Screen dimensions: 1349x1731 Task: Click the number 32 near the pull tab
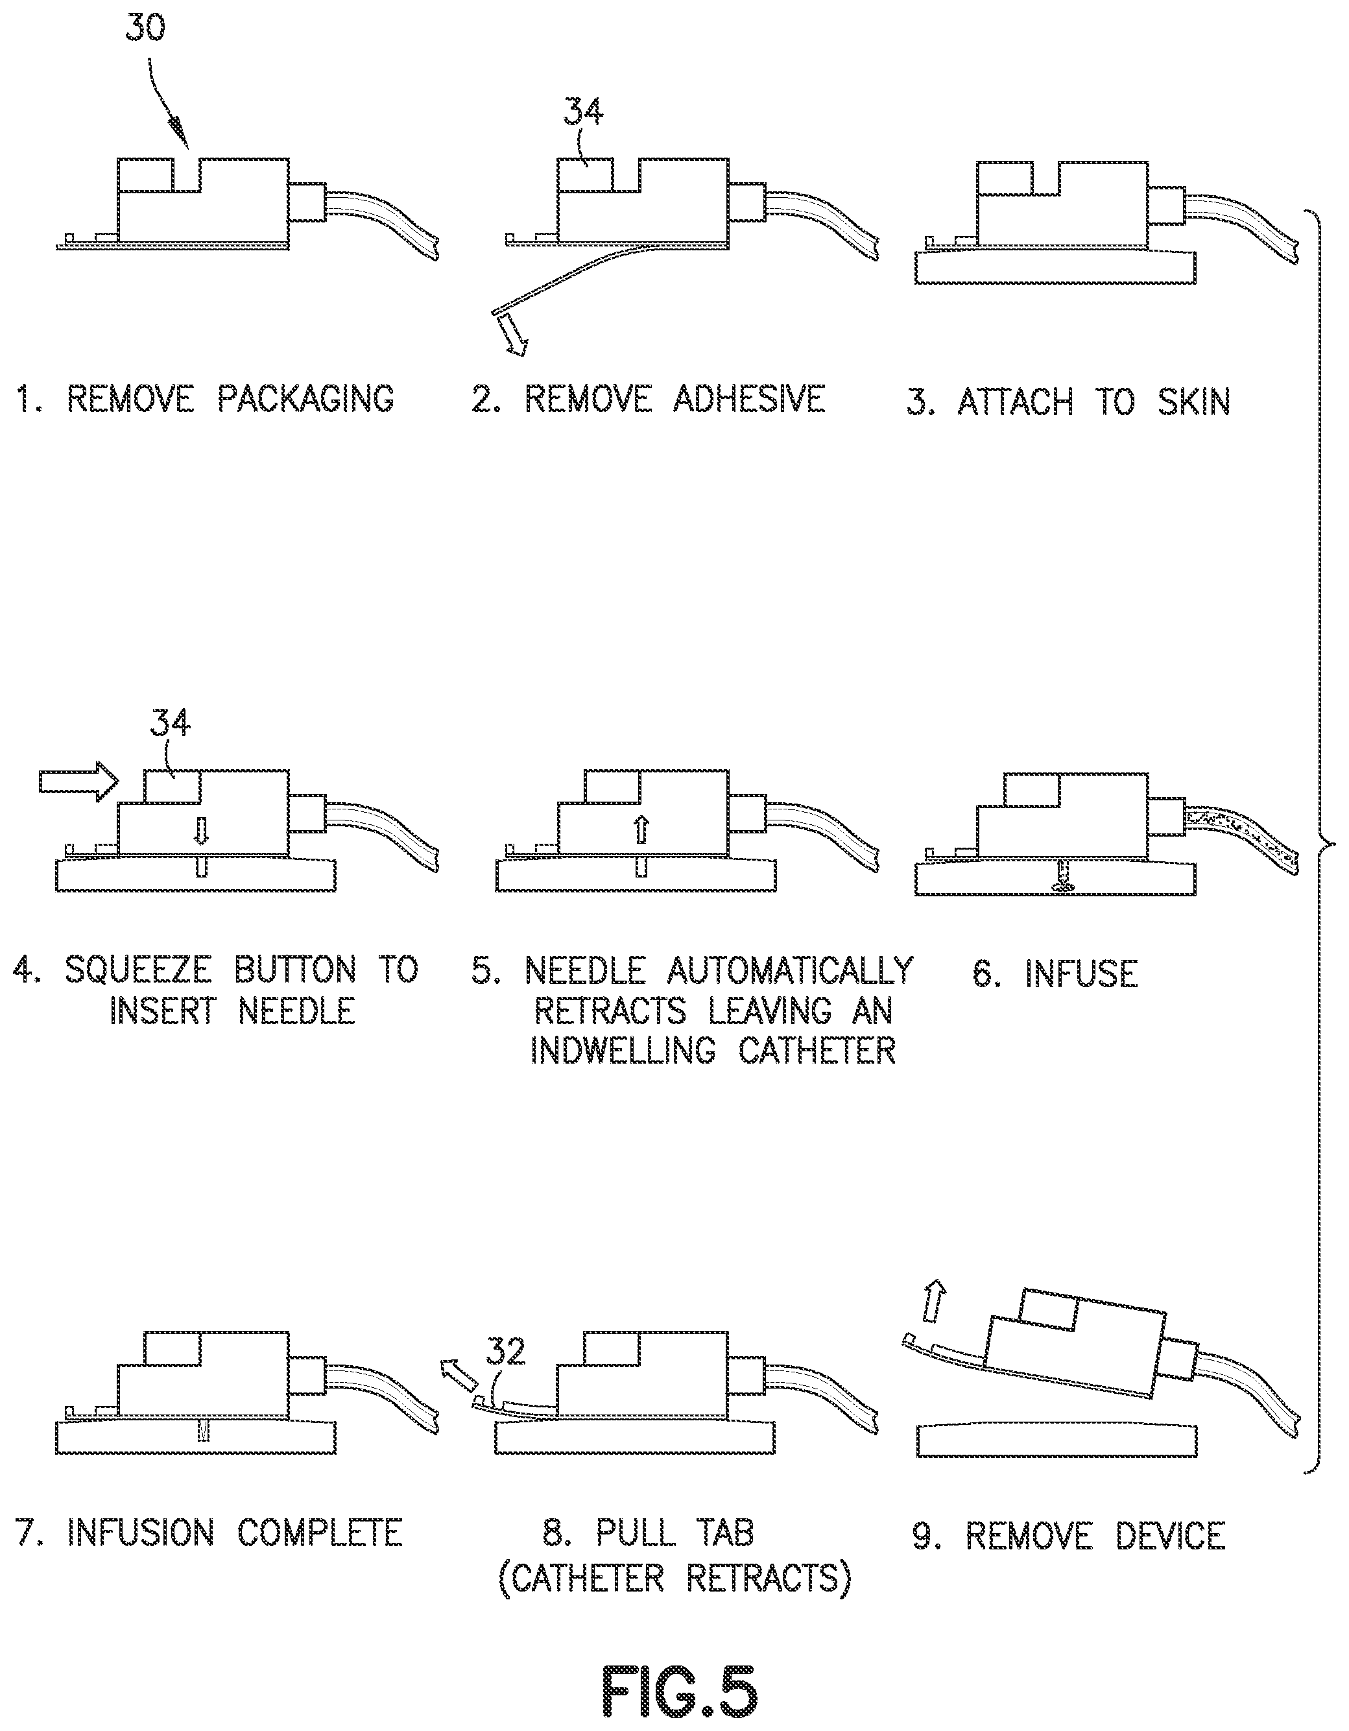click(506, 1352)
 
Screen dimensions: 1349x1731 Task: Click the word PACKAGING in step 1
click(306, 399)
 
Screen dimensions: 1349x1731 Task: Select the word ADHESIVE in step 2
click(749, 399)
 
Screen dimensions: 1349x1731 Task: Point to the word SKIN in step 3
click(1193, 402)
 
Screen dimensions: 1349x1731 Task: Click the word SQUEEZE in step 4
click(138, 970)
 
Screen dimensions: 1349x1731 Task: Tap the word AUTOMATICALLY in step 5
click(790, 970)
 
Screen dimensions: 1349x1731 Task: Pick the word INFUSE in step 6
click(1081, 973)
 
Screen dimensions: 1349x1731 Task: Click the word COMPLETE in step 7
click(320, 1532)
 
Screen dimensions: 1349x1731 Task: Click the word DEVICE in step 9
click(1171, 1536)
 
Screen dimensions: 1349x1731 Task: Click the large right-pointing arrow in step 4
click(78, 782)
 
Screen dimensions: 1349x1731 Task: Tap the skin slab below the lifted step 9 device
click(1055, 1442)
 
